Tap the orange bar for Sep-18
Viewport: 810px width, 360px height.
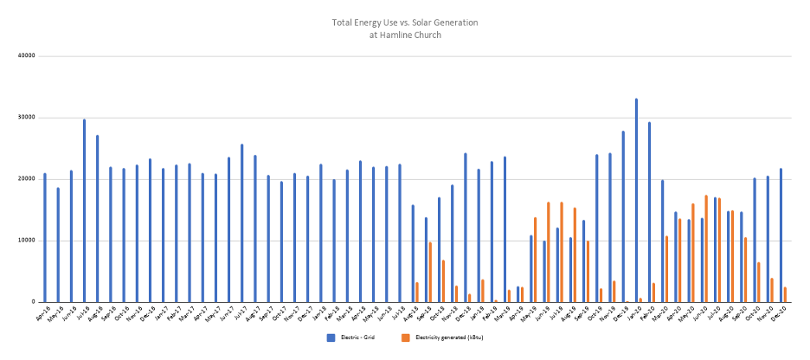430,272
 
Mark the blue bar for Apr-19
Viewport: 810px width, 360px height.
518,294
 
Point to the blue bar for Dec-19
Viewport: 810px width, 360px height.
623,216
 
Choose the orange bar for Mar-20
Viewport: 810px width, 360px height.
666,269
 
